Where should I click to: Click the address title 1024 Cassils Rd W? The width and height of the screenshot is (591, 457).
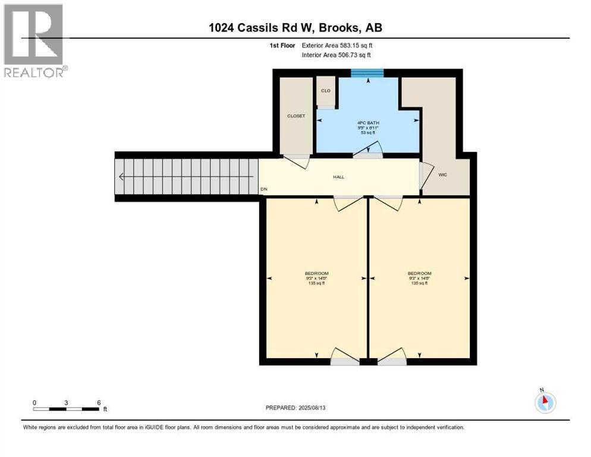click(x=295, y=28)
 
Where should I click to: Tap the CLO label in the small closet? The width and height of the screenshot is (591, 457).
click(x=325, y=91)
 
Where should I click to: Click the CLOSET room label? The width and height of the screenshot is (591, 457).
click(x=295, y=116)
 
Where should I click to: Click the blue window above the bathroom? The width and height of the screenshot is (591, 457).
click(x=367, y=73)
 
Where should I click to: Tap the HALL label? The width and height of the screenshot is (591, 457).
click(x=338, y=177)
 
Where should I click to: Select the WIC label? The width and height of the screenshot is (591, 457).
click(x=442, y=176)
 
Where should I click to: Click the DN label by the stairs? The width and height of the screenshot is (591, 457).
click(x=263, y=190)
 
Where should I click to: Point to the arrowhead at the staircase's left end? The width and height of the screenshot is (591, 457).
click(x=121, y=177)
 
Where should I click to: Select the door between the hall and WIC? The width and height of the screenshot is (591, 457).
click(x=424, y=176)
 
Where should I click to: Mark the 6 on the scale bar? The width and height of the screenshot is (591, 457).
click(x=98, y=402)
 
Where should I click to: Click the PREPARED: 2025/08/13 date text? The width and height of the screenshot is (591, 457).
click(x=295, y=408)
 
